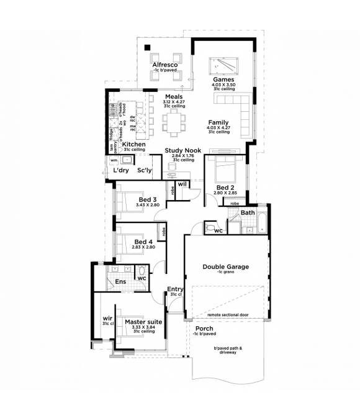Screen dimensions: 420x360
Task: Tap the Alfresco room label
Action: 166,65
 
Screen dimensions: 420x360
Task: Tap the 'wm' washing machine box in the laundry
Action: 113,160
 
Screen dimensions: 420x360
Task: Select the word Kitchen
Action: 134,144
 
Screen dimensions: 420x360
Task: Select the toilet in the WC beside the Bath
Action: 208,229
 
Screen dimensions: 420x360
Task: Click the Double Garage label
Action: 225,267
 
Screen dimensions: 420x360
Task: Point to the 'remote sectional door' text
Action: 227,315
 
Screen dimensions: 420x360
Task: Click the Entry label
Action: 175,289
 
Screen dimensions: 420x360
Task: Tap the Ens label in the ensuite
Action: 120,281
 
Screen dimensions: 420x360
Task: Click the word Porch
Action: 204,328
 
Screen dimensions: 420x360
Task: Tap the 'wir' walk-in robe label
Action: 107,319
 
